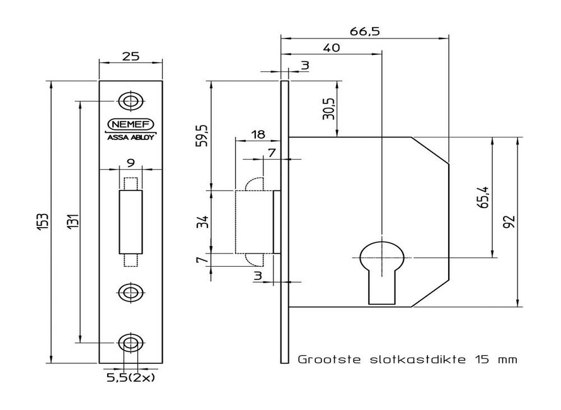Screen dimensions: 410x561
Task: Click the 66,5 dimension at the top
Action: pos(366,31)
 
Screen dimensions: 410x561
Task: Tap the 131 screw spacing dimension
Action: pos(73,222)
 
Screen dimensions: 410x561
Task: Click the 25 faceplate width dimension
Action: pos(130,56)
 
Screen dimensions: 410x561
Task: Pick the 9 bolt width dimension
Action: pos(130,163)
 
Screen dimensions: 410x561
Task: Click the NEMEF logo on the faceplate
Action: pos(130,123)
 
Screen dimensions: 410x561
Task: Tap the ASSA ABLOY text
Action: pos(130,136)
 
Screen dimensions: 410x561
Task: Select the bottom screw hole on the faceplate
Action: pos(130,343)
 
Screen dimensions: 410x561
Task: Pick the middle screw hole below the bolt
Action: pos(130,291)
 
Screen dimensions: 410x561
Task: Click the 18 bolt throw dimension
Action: pos(257,134)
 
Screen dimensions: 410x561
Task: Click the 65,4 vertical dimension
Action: pos(483,197)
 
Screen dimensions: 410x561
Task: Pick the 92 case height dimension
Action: pos(509,222)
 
